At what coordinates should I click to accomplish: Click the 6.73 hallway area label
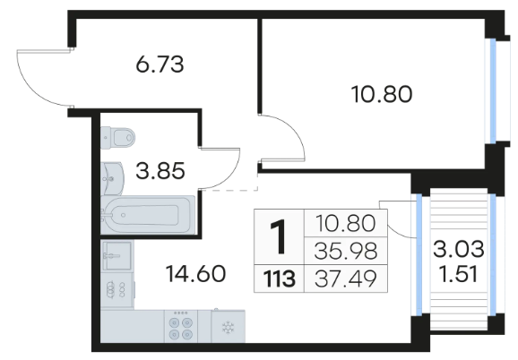point(160,64)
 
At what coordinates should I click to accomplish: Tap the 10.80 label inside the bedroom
point(382,94)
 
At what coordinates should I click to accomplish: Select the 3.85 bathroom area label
point(160,171)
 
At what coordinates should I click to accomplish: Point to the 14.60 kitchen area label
point(196,274)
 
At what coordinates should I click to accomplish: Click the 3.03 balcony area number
point(459,249)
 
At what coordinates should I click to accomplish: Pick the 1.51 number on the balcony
point(459,275)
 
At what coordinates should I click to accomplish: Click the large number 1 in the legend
point(279,237)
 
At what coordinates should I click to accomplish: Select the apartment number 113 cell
point(279,279)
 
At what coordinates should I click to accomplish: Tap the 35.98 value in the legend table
point(346,251)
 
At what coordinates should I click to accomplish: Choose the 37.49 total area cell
point(346,279)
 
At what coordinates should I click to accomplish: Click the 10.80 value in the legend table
point(346,223)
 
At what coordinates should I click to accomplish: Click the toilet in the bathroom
point(118,137)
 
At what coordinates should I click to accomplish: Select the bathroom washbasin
point(112,178)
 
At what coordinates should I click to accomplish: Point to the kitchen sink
point(117,256)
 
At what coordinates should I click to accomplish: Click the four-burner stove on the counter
point(181,326)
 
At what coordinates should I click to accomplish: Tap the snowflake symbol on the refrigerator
point(228,328)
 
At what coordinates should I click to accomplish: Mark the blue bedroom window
point(493,91)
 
